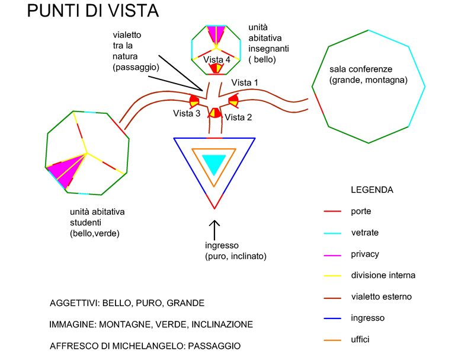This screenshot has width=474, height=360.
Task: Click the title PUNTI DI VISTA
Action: tap(92, 12)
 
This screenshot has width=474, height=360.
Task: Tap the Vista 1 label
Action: tap(245, 82)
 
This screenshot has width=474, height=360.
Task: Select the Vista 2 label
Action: tap(238, 117)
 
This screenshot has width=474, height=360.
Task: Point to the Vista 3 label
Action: tap(187, 113)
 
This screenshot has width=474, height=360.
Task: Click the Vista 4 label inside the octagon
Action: tap(217, 59)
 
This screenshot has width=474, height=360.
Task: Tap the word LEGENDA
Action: tap(372, 190)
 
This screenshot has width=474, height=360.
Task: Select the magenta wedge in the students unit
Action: tap(66, 170)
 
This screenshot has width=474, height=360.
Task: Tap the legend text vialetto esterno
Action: tap(381, 297)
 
